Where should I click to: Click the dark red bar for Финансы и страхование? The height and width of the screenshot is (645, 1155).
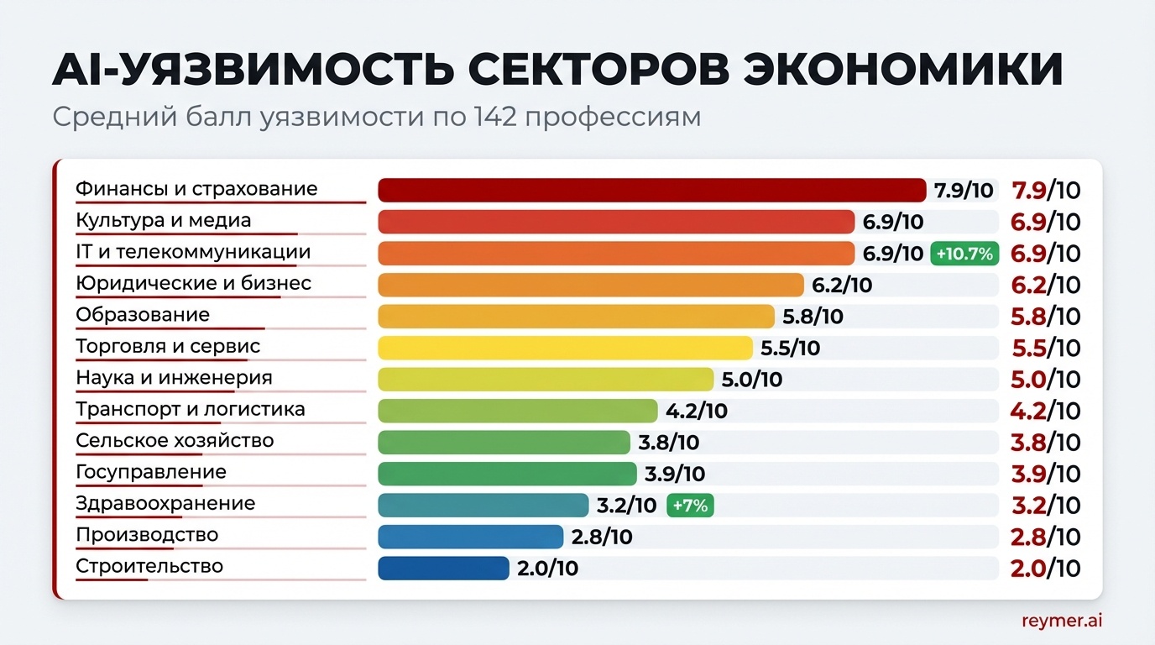[x=651, y=190]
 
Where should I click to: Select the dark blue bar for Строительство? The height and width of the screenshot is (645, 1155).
[x=443, y=568]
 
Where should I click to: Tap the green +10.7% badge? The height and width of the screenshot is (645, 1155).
[x=964, y=253]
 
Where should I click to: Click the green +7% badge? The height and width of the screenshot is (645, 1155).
[x=689, y=506]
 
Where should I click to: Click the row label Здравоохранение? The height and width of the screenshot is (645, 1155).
[x=165, y=504]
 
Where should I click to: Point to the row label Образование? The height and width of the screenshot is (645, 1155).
[x=143, y=315]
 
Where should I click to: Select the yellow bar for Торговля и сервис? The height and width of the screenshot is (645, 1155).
[x=565, y=348]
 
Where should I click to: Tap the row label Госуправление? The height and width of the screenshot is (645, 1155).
[x=151, y=472]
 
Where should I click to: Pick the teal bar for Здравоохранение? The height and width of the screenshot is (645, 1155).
[x=483, y=505]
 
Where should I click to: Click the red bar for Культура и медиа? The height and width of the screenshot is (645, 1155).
[x=615, y=222]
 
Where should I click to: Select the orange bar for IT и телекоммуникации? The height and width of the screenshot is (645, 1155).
[x=615, y=253]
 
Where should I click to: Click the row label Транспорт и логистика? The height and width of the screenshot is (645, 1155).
[x=191, y=410]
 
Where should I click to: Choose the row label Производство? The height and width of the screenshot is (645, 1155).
[x=147, y=535]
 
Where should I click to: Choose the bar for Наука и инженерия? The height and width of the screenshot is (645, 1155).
[x=546, y=379]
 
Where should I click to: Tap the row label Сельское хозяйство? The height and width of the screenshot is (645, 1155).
[x=175, y=441]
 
